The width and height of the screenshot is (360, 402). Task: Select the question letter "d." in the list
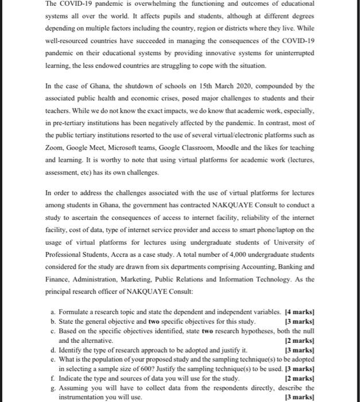coord(53,349)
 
